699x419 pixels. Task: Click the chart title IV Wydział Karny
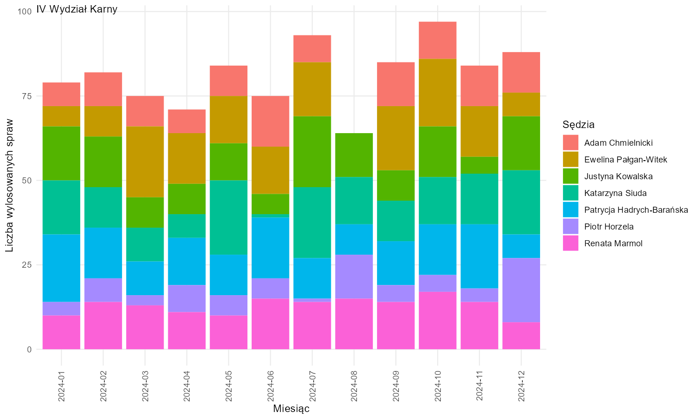(x=77, y=9)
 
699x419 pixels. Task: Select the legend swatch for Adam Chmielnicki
(x=570, y=143)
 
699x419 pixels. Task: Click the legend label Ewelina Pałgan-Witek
(x=625, y=160)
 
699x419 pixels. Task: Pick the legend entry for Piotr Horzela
(x=609, y=227)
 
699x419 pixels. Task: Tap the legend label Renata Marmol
(x=613, y=243)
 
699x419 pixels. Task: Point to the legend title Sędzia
(x=578, y=125)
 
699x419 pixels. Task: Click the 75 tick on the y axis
(x=27, y=96)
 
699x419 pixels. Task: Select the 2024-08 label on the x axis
(x=354, y=386)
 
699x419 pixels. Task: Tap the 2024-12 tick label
(x=521, y=386)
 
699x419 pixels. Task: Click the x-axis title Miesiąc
(x=291, y=409)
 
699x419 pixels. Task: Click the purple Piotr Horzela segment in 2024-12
(x=521, y=290)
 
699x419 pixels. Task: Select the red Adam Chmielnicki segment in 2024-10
(x=438, y=40)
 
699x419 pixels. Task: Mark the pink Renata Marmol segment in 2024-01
(x=62, y=332)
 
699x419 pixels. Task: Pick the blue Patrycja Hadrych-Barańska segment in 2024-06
(x=270, y=248)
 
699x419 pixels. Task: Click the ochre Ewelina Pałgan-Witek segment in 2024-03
(x=145, y=162)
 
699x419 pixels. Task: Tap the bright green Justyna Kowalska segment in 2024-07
(x=312, y=151)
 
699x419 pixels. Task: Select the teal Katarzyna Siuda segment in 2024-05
(x=229, y=217)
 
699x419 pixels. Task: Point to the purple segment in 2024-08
(x=354, y=277)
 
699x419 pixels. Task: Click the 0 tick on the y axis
(x=29, y=350)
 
